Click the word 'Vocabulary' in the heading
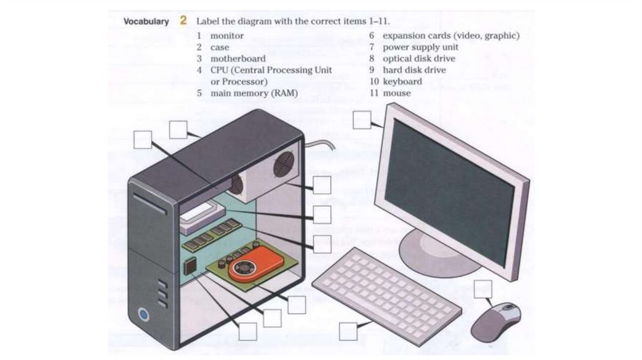[146, 21]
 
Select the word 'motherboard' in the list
[238, 58]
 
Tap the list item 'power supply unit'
[421, 47]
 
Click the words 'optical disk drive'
[419, 58]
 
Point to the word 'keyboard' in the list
[403, 82]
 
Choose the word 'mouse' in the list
[397, 93]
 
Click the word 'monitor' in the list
[227, 36]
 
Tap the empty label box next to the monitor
[362, 120]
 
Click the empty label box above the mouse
[483, 289]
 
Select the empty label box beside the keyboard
[348, 331]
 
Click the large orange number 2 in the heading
[183, 20]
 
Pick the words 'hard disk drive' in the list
[414, 70]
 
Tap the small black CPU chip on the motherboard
[188, 267]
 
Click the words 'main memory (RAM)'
[254, 93]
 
